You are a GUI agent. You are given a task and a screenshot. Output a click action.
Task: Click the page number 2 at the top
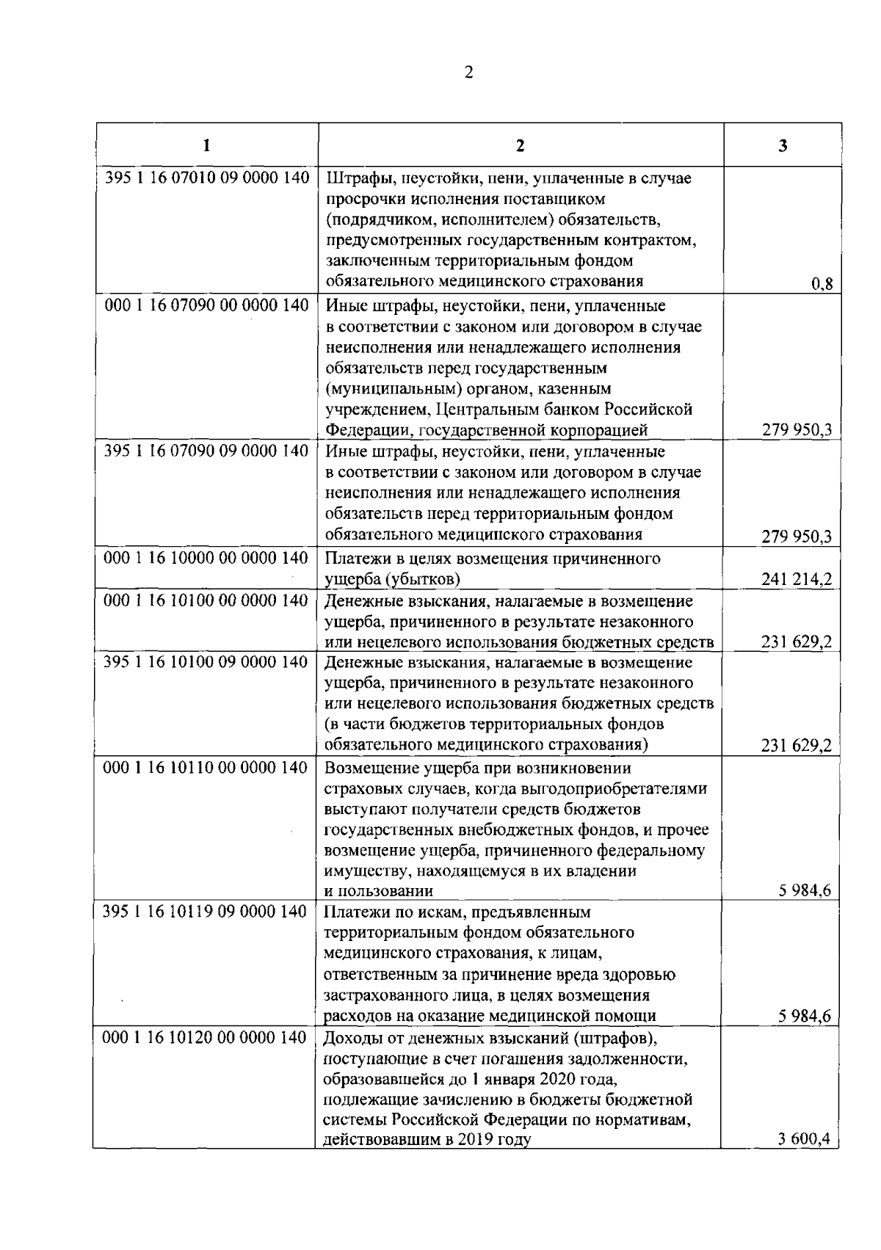click(x=469, y=72)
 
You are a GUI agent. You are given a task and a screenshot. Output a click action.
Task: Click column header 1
click(x=207, y=145)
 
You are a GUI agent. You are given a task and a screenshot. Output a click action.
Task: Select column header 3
click(x=783, y=145)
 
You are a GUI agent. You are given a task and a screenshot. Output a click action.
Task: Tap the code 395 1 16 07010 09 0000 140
click(x=206, y=178)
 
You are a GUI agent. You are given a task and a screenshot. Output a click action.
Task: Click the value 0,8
click(x=822, y=285)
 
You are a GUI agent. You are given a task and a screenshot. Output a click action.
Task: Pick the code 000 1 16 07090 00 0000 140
click(x=206, y=305)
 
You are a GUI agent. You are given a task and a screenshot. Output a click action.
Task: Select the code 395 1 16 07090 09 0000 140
click(x=206, y=451)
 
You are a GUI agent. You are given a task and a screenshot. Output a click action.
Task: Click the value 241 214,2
click(x=797, y=580)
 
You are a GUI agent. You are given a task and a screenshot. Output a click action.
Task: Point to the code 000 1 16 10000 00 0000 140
click(x=206, y=559)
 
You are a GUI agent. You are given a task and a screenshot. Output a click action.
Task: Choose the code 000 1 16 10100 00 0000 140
click(x=206, y=601)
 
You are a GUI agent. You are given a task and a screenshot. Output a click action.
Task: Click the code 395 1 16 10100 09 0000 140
click(x=206, y=663)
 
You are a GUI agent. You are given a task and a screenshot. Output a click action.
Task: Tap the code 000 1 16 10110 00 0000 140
click(x=206, y=768)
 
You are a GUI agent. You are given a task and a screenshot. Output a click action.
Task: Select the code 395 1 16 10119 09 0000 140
click(x=206, y=912)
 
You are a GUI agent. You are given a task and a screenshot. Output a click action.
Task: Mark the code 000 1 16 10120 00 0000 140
click(x=206, y=1038)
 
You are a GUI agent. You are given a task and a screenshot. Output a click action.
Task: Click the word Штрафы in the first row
click(x=352, y=178)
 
